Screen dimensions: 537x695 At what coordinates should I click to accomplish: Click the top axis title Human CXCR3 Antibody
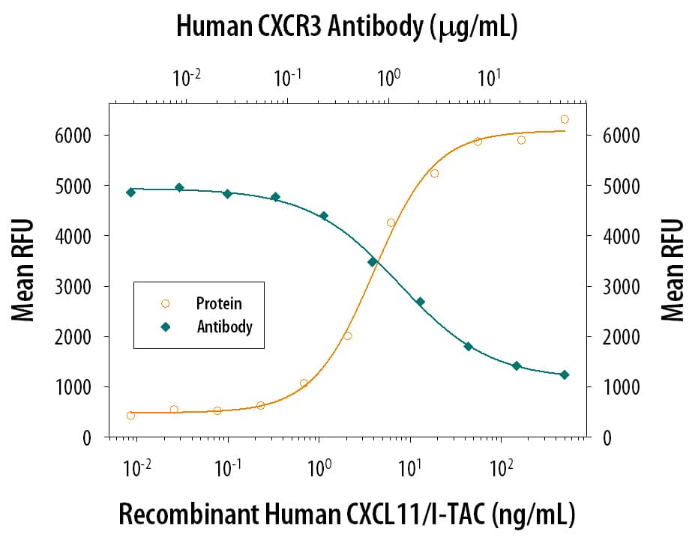[x=347, y=27]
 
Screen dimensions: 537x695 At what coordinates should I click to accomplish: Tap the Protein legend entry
[x=218, y=303]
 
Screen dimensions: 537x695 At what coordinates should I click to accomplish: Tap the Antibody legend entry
[x=224, y=327]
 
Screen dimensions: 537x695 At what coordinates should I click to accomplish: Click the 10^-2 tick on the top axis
[x=187, y=77]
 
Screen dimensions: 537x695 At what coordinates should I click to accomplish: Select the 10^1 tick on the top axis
[x=490, y=77]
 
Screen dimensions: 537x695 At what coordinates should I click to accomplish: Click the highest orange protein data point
[x=565, y=119]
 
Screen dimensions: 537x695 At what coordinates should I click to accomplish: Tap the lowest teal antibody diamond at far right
[x=565, y=374]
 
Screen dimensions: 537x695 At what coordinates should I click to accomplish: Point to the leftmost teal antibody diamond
[x=130, y=192]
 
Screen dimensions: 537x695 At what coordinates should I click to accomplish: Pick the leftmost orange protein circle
[x=130, y=415]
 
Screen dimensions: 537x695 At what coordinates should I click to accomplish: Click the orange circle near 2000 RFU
[x=347, y=336]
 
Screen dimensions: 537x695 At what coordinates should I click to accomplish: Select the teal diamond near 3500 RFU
[x=372, y=261]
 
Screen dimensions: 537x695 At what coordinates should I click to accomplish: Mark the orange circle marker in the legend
[x=166, y=303]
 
